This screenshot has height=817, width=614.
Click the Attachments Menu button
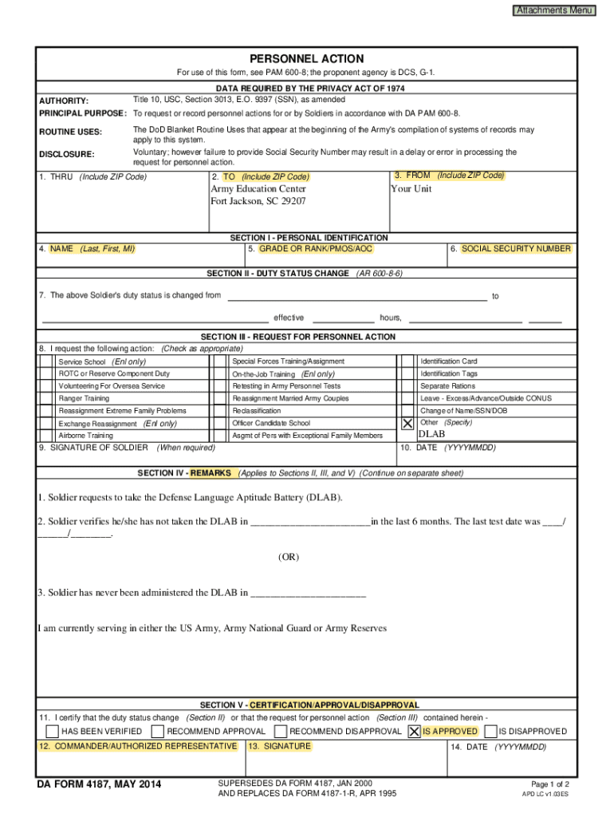[554, 10]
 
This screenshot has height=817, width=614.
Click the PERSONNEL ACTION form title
[306, 59]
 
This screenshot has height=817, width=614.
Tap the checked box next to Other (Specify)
[407, 423]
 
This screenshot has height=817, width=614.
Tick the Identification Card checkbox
[407, 361]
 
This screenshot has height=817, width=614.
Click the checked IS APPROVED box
[414, 731]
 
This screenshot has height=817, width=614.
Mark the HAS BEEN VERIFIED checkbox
[52, 731]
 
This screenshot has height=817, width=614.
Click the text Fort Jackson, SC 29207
[258, 202]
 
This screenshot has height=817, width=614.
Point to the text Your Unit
[411, 189]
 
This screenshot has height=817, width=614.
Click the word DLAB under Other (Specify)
[431, 434]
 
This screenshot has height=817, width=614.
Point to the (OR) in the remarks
[289, 557]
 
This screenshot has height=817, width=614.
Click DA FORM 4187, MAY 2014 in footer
[100, 786]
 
